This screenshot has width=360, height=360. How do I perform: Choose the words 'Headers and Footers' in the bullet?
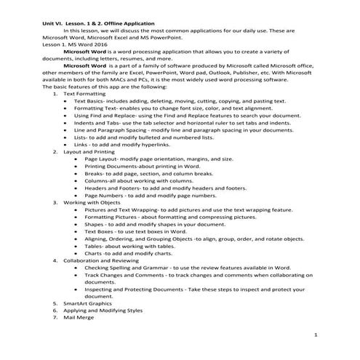tap(111, 188)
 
